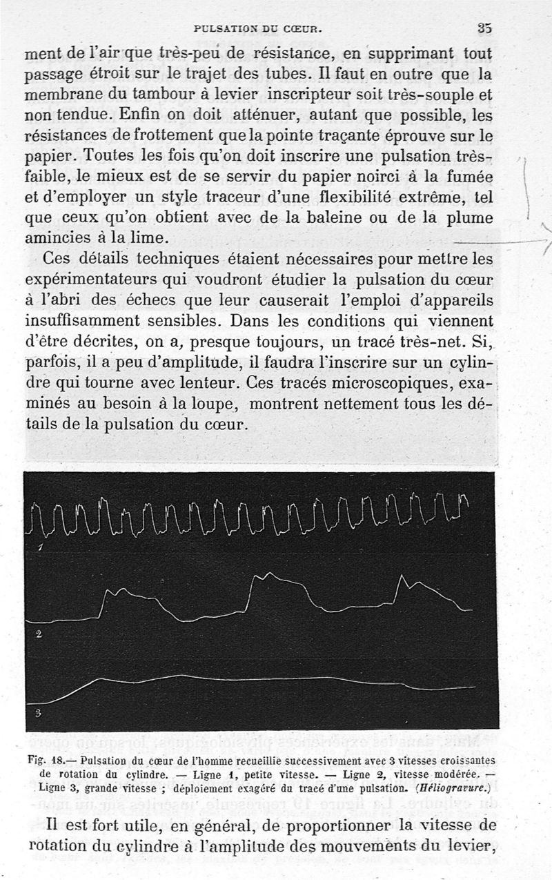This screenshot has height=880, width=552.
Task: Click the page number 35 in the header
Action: pos(483,29)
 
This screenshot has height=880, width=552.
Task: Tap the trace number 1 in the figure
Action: pos(40,548)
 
